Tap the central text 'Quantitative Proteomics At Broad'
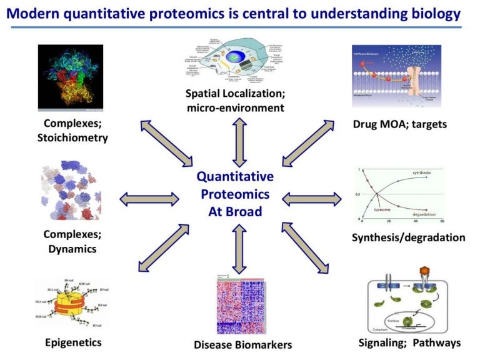tap(235, 194)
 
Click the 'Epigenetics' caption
tap(73, 342)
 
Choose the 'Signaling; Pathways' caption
tap(409, 342)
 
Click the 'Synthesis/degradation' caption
tap(408, 237)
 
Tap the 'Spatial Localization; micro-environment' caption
tap(234, 101)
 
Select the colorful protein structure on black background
tap(69, 77)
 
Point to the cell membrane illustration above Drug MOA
tap(396, 76)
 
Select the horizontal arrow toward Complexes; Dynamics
tap(149, 199)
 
